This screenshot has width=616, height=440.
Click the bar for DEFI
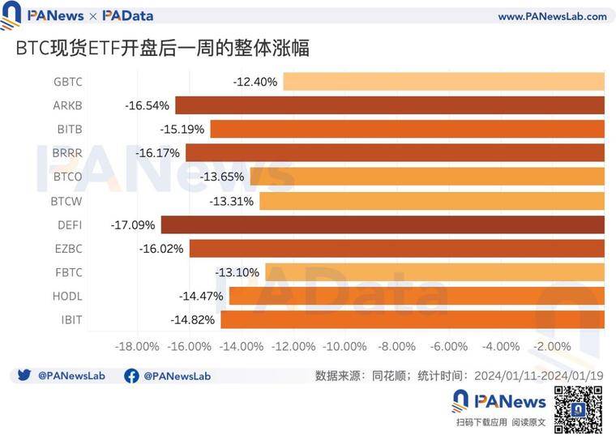click(x=383, y=224)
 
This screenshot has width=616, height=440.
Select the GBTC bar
click(x=443, y=82)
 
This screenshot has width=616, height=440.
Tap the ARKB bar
click(x=390, y=105)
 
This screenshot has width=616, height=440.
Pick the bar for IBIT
click(x=413, y=319)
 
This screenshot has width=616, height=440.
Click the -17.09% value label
click(x=135, y=224)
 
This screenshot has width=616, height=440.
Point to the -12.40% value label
click(x=255, y=82)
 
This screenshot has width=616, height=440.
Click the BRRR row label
click(x=67, y=153)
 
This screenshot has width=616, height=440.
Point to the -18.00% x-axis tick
click(x=137, y=347)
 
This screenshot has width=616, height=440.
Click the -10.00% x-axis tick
click(x=344, y=347)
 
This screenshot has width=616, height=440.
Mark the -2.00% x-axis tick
click(x=553, y=347)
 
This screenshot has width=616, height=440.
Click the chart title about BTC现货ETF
click(x=162, y=49)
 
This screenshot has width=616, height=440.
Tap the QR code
click(x=578, y=410)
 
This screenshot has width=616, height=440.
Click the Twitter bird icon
click(x=24, y=376)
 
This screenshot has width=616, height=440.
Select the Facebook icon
click(x=131, y=376)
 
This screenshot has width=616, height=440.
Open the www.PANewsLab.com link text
click(x=552, y=16)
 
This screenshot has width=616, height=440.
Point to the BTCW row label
click(x=66, y=201)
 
